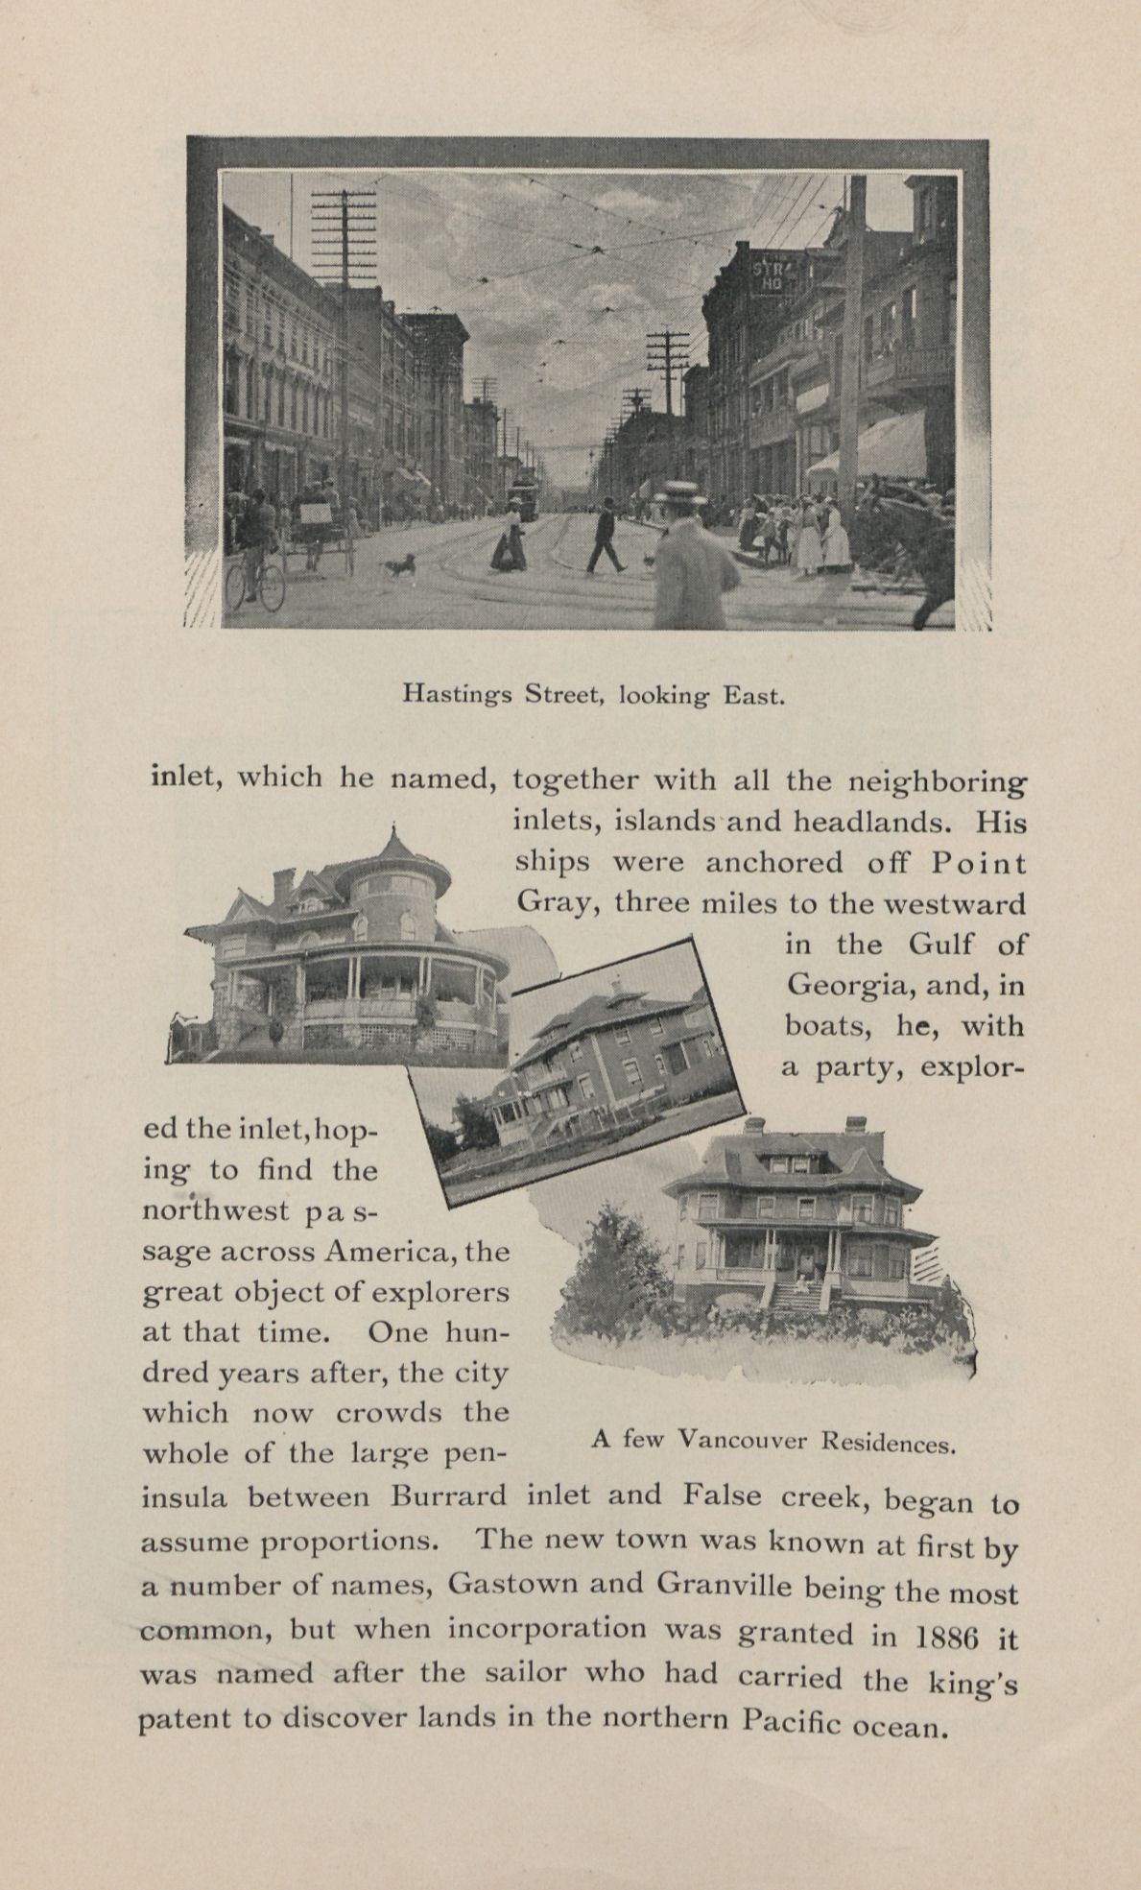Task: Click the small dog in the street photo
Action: click(x=399, y=565)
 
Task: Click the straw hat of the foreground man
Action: click(x=684, y=495)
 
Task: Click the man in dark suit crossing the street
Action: click(x=606, y=537)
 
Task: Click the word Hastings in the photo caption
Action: click(x=458, y=693)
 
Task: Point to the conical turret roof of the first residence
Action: click(x=392, y=849)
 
